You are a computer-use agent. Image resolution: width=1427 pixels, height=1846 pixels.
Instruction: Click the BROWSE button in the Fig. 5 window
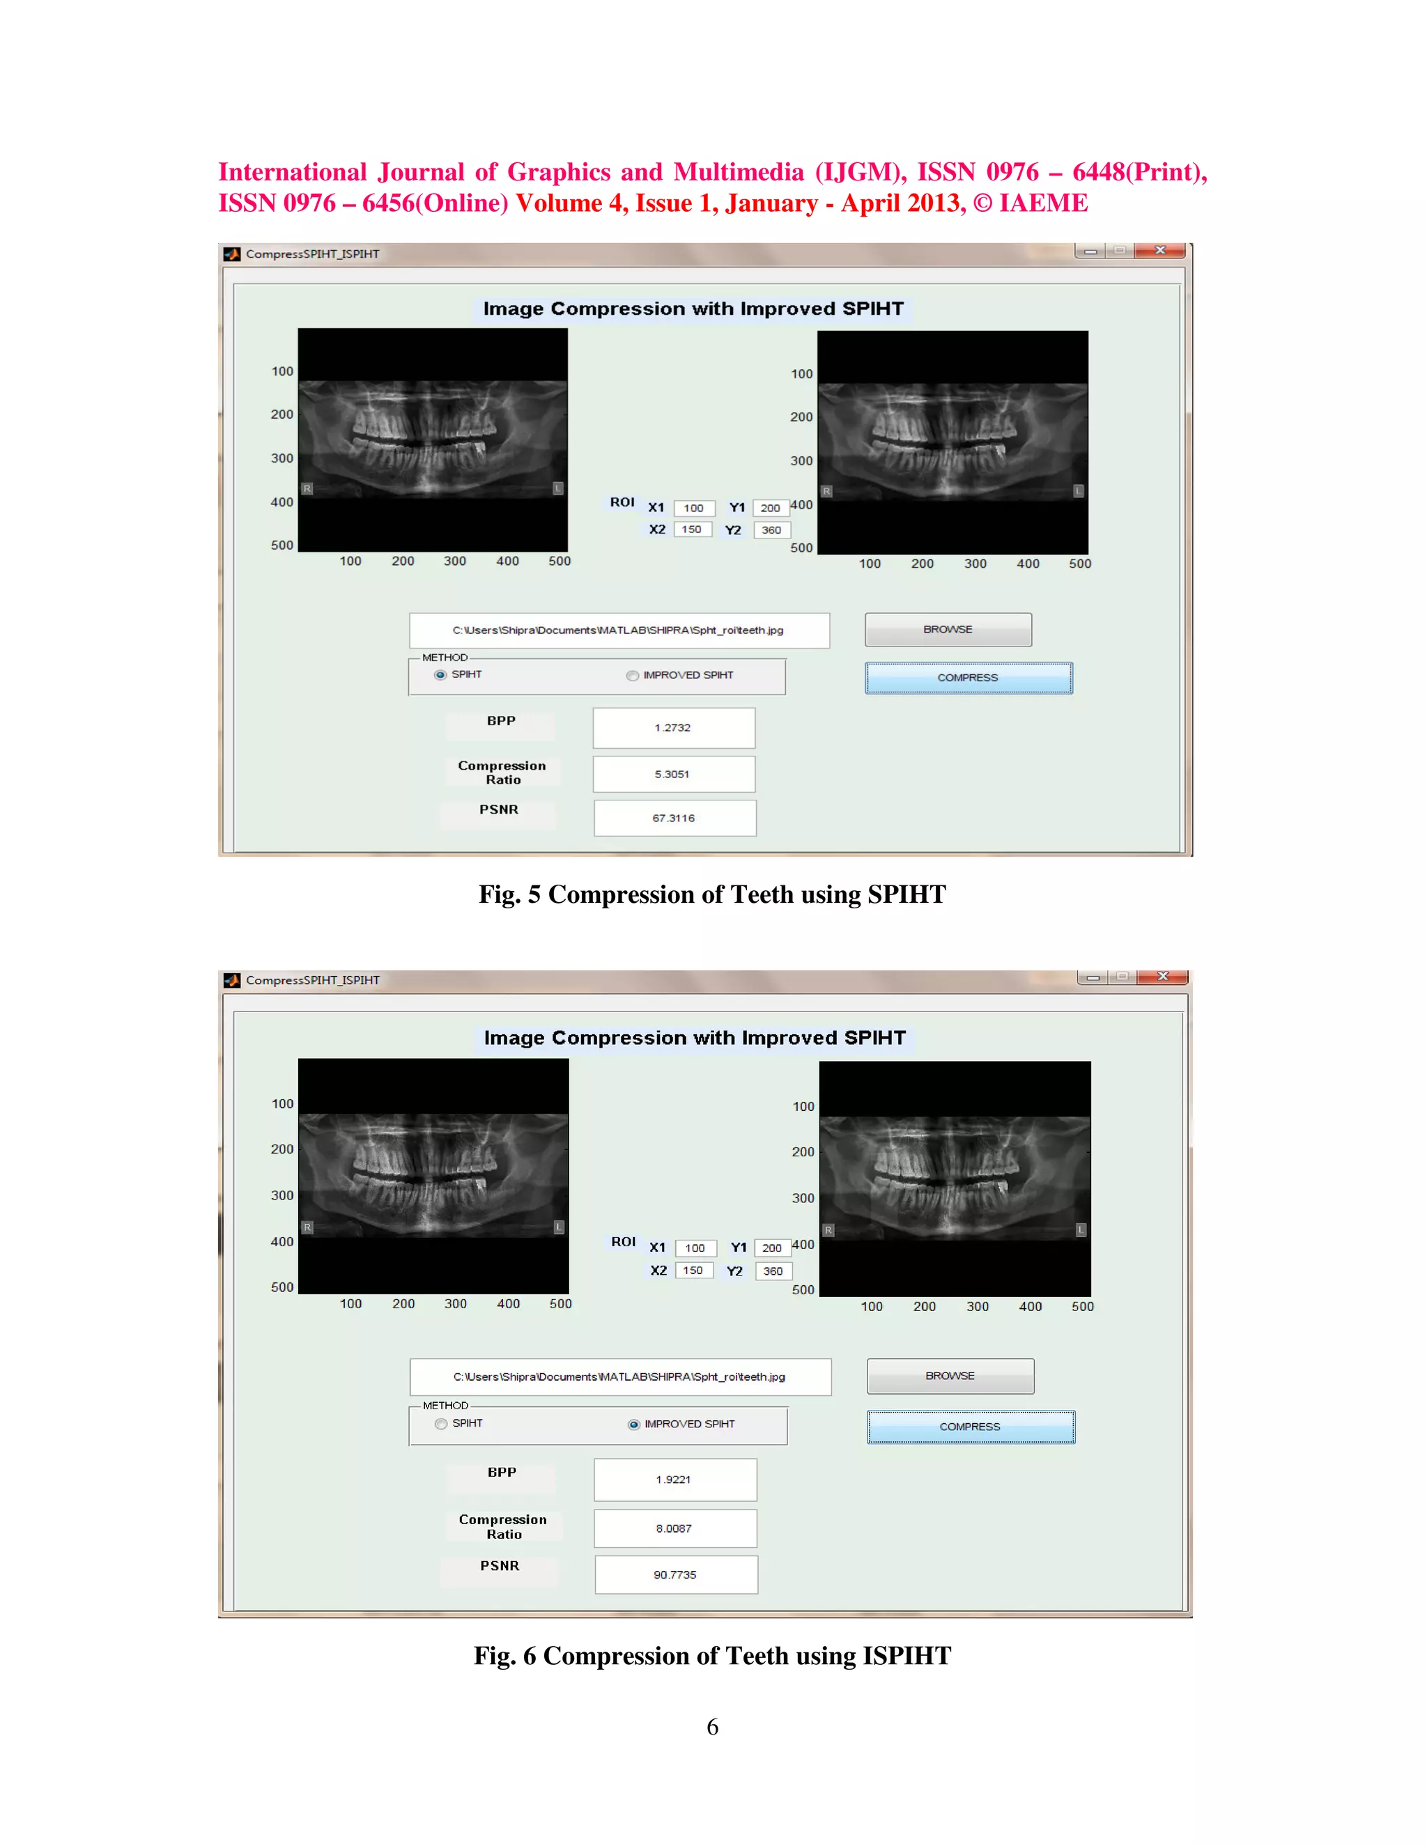pos(948,630)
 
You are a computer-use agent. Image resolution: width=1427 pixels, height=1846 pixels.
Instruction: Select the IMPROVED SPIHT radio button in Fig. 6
pos(633,1425)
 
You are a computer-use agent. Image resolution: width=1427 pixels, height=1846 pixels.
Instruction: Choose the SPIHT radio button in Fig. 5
pos(440,674)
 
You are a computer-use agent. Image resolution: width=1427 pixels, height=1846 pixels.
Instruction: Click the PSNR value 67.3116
pos(674,819)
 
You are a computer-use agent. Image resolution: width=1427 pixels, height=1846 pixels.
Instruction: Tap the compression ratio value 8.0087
pos(674,1528)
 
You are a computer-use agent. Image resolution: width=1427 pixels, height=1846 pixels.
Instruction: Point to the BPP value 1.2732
pos(673,728)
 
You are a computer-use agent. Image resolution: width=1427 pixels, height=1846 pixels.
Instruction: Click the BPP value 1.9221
pos(674,1479)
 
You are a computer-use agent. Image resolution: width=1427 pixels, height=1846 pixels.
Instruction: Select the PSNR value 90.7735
pos(674,1575)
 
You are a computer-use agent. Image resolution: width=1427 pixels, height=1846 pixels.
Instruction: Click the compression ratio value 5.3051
pos(673,774)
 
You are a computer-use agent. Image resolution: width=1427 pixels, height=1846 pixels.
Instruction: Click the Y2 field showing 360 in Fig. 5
pos(772,530)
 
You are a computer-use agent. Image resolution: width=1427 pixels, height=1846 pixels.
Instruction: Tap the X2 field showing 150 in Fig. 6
pos(693,1271)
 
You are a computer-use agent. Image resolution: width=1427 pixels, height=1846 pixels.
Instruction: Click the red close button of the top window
pos(1160,251)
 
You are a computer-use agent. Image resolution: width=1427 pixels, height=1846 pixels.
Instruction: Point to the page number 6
pos(713,1727)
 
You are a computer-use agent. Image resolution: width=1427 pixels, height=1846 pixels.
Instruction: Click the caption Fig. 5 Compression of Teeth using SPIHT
pos(712,894)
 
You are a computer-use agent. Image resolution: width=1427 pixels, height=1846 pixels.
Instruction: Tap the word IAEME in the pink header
pos(1043,203)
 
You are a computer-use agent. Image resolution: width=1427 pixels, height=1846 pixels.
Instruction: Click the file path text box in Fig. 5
pos(619,630)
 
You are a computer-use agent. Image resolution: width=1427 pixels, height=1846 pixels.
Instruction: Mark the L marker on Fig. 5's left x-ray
pos(558,488)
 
